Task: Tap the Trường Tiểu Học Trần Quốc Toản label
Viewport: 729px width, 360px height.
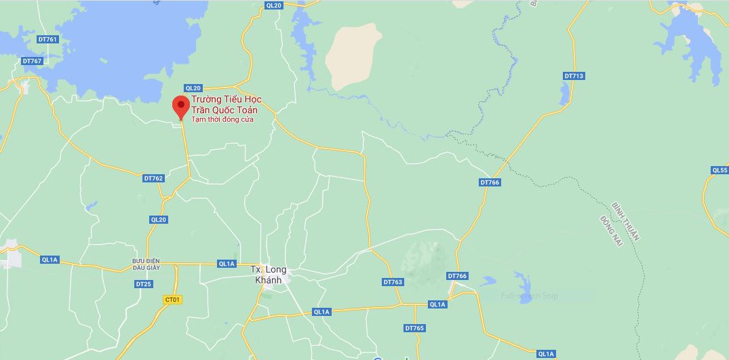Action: (x=226, y=105)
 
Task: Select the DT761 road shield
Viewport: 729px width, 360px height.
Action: (x=48, y=39)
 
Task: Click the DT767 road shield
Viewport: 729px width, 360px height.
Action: (x=32, y=61)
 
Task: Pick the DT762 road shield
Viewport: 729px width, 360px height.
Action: (x=154, y=178)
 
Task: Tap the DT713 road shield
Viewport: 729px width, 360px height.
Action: (x=573, y=76)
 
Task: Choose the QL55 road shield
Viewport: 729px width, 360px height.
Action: (x=720, y=169)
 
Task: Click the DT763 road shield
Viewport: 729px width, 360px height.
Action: (x=393, y=282)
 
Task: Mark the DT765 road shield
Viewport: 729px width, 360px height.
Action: (x=414, y=328)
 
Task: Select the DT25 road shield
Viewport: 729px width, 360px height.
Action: (x=143, y=283)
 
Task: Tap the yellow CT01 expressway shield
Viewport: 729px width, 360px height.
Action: (x=173, y=299)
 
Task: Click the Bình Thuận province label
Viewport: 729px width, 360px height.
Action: (x=625, y=220)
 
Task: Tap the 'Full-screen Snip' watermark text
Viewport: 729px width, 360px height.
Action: (x=529, y=296)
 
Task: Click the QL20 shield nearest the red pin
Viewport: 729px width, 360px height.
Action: (x=193, y=88)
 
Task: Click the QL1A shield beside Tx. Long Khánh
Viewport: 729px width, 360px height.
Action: (x=226, y=264)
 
